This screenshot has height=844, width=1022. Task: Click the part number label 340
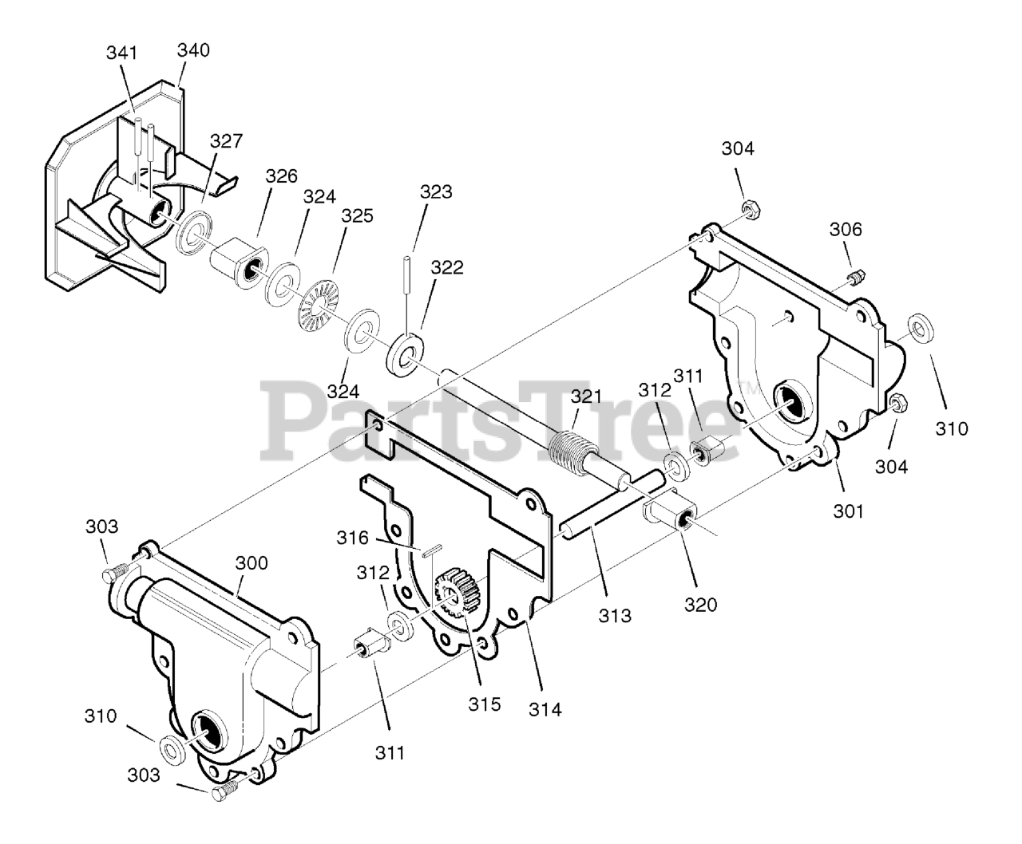coord(193,50)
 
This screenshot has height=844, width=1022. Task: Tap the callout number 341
coord(121,53)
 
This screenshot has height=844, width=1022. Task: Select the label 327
coord(226,141)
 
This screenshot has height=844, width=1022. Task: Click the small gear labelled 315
coord(454,594)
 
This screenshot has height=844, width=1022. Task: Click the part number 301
coord(848,510)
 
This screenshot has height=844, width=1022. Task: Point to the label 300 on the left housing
coord(252,563)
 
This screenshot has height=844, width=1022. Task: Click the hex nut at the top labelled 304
coord(751,209)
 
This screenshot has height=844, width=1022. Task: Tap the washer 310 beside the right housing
coord(922,326)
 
